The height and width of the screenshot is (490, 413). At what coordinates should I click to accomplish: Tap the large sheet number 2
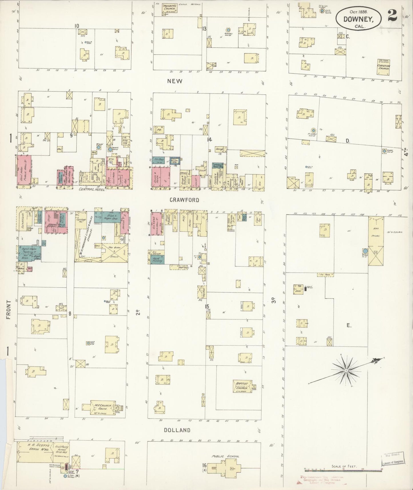(393, 16)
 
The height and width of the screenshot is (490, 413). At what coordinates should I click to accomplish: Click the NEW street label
(175, 81)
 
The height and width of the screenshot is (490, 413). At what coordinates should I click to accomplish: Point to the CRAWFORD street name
(184, 200)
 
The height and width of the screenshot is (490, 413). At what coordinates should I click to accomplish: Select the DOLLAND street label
(177, 430)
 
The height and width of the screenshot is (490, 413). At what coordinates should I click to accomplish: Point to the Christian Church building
(384, 67)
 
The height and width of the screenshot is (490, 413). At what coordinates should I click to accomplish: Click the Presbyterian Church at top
(170, 7)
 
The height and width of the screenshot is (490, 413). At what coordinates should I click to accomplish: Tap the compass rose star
(346, 370)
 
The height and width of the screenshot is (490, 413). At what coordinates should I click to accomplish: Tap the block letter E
(348, 325)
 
